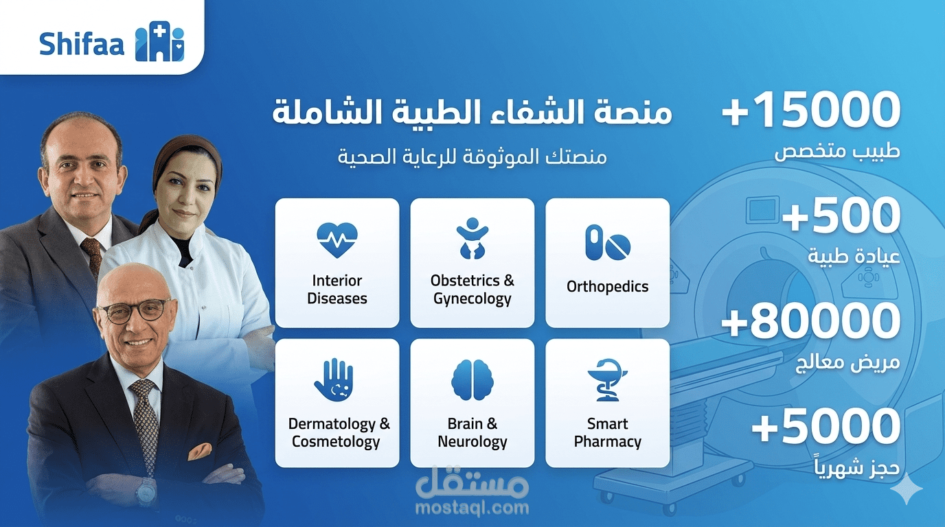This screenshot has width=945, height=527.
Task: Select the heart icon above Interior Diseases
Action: tap(337, 239)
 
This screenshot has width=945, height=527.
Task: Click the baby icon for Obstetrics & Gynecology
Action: tap(472, 238)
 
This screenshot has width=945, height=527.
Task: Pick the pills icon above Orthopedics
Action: tap(607, 243)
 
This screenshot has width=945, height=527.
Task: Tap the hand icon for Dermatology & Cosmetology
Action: tap(334, 380)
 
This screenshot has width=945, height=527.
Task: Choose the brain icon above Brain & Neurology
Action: tap(472, 380)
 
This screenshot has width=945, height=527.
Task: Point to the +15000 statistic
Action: tap(811, 110)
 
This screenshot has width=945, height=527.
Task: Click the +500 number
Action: tap(841, 215)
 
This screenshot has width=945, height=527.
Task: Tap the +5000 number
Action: tap(826, 426)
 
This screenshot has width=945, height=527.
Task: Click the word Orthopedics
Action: tap(607, 287)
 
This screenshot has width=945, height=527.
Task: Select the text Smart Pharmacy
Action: tap(607, 433)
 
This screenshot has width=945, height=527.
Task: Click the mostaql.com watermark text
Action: tap(473, 508)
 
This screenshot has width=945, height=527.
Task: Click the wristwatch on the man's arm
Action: tap(146, 491)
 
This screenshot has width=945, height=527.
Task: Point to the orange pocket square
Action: tap(199, 451)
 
